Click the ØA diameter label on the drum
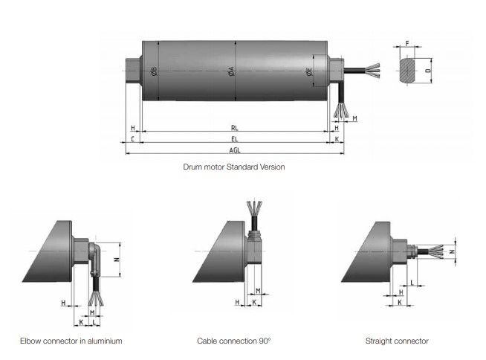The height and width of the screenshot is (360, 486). pos(231,71)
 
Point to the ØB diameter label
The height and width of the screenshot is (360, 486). pos(154,71)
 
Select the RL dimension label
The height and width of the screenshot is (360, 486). pos(235,128)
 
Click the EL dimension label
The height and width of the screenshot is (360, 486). pos(235,139)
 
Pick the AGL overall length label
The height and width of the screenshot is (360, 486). pos(235,150)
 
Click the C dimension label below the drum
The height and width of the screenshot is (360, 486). pos(132,139)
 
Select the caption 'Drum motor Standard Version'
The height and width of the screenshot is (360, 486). pos(233,167)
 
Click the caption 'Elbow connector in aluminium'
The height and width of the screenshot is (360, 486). pos(71,341)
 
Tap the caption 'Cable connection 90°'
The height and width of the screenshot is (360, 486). pos(234,341)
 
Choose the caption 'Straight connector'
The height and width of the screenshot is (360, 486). pos(397,341)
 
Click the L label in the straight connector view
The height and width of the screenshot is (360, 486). pos(412,283)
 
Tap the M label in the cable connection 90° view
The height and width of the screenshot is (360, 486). pos(258,291)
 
